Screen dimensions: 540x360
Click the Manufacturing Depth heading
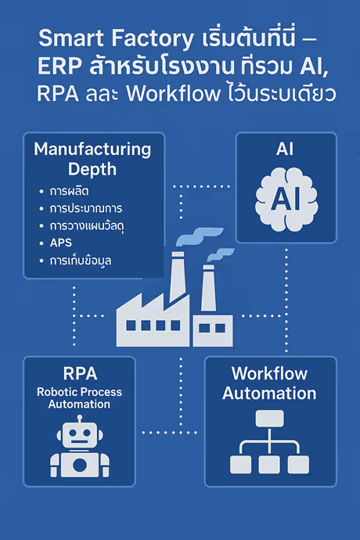92,158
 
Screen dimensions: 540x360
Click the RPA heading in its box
78,373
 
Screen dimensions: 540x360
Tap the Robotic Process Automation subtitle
78,398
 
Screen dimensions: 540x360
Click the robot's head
78,431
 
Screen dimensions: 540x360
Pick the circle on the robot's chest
78,463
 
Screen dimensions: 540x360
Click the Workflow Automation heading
269,383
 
